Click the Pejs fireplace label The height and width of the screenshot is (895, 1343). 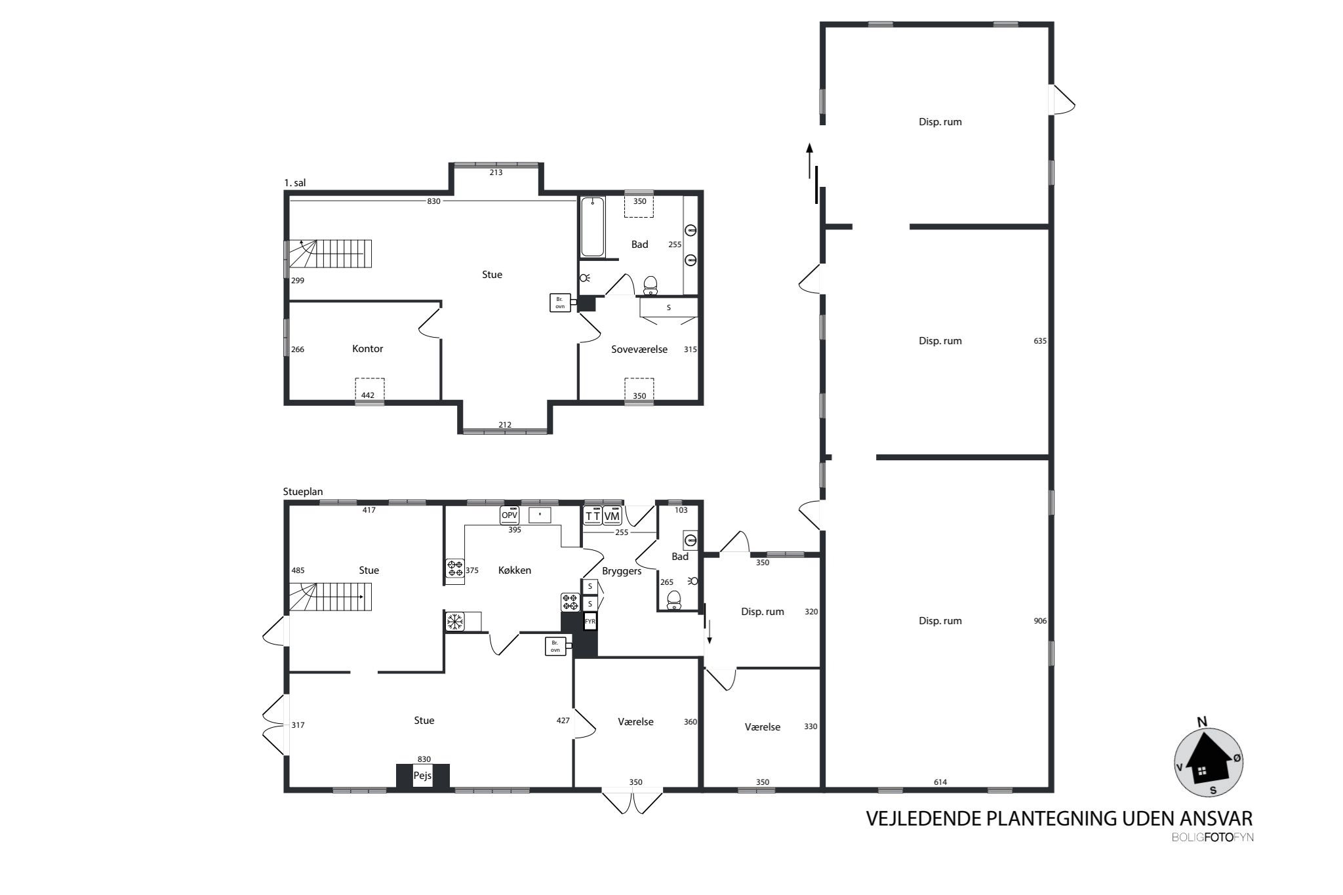(x=422, y=776)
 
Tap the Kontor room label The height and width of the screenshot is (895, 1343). (x=367, y=349)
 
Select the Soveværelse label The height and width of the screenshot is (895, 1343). (x=639, y=349)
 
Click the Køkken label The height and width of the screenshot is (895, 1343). (x=515, y=570)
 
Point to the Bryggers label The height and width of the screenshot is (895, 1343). (x=621, y=571)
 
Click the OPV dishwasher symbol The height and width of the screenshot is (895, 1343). (x=510, y=515)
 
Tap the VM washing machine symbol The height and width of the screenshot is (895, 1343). (x=611, y=517)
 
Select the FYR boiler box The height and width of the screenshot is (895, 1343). (x=590, y=621)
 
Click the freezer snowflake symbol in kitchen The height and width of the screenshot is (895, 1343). (x=454, y=622)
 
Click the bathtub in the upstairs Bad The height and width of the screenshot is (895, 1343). (x=592, y=227)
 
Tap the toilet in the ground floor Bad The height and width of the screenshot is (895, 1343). (x=673, y=600)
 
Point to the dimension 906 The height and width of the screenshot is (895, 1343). (x=1040, y=621)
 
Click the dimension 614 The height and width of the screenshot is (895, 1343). (x=940, y=782)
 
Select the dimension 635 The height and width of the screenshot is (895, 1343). (x=1040, y=341)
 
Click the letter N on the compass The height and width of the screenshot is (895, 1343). (x=1202, y=722)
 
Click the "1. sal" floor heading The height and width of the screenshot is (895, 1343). (x=294, y=184)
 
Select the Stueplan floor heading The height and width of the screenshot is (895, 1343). (x=303, y=492)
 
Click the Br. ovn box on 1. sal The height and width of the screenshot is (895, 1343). (x=560, y=303)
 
